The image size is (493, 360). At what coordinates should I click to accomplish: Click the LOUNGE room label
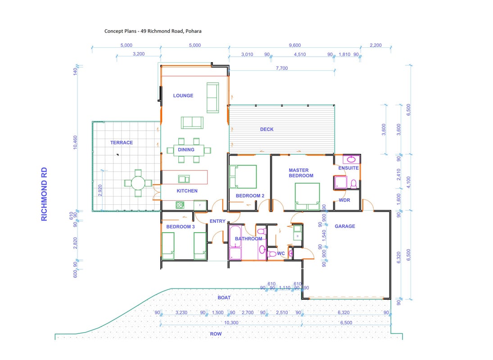point(183,95)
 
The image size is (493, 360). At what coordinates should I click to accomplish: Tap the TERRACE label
point(122,143)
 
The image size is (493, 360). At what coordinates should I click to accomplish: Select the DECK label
point(267,129)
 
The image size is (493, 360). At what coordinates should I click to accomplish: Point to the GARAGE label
point(344,226)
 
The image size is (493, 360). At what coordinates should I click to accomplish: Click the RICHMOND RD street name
point(44,194)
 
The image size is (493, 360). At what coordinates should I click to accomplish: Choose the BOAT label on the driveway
point(224,297)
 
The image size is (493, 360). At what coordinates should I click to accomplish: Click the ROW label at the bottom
point(216,334)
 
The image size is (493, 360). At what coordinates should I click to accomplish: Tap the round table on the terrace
point(138,183)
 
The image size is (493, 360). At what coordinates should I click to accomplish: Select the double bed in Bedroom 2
point(243,177)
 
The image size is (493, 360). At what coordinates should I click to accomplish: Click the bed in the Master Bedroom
point(307,196)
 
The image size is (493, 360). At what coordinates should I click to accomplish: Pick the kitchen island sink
point(184,179)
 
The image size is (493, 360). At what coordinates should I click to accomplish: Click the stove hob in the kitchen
point(180,205)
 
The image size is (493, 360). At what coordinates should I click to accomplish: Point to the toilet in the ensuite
point(353,184)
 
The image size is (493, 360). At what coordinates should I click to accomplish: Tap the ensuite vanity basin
point(351,159)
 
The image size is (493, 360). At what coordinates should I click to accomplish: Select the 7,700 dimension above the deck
point(282,68)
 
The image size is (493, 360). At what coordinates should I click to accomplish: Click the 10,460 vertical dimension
point(75,142)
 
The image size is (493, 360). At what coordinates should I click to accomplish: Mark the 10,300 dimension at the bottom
point(231,323)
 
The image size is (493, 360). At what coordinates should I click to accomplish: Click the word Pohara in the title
point(193,31)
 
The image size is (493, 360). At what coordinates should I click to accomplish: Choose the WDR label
point(344,200)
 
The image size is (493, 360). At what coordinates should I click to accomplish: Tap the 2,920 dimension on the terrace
point(100,190)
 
